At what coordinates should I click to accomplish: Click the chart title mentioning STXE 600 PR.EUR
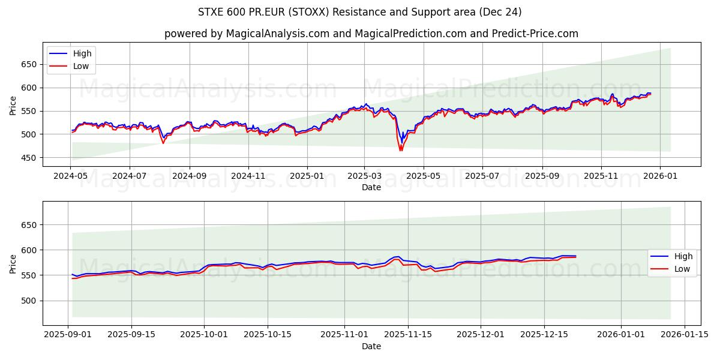pos(359,12)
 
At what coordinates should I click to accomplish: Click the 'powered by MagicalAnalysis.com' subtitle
pos(371,34)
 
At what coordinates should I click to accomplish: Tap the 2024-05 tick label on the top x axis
pos(71,177)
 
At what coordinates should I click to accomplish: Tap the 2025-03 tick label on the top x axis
pos(365,177)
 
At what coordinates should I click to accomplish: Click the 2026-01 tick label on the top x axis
pos(660,177)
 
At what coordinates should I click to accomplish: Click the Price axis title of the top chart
pos(13,104)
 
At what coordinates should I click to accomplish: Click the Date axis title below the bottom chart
pos(371,346)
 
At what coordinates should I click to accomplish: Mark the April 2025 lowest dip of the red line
pos(400,150)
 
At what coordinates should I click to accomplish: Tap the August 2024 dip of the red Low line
pos(163,143)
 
